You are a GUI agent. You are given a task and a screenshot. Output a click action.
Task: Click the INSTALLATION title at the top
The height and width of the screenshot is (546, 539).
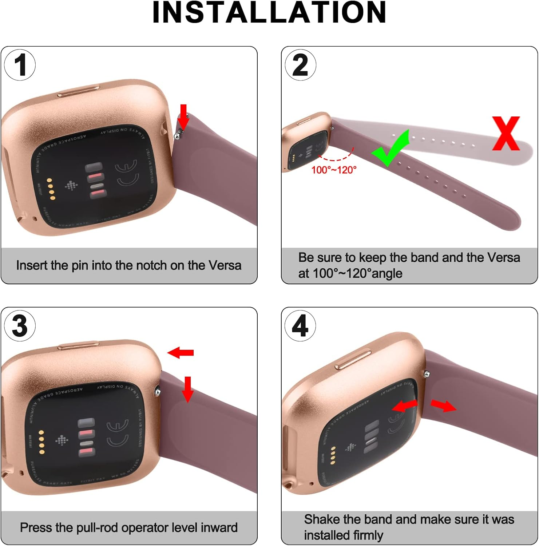coord(269,13)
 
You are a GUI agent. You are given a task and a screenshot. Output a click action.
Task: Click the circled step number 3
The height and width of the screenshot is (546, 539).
coord(20,325)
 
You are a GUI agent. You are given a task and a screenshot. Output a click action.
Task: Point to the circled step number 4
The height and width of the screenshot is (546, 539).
coord(300,326)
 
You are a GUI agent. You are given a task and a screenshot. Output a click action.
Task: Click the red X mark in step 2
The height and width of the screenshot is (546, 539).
coord(506,134)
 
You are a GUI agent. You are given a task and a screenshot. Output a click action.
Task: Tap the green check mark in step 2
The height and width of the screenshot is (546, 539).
coord(390,149)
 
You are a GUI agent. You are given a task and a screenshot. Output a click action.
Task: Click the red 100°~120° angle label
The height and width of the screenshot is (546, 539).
coord(334,170)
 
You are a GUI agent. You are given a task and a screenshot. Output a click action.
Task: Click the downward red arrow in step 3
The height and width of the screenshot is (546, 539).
coord(188,389)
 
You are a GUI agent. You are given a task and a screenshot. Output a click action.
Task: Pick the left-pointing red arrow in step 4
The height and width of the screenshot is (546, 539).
coord(404,405)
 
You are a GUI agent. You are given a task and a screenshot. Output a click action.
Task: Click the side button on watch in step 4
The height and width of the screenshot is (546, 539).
coord(353,360)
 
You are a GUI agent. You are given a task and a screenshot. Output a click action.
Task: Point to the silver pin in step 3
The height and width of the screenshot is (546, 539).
coord(157,391)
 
